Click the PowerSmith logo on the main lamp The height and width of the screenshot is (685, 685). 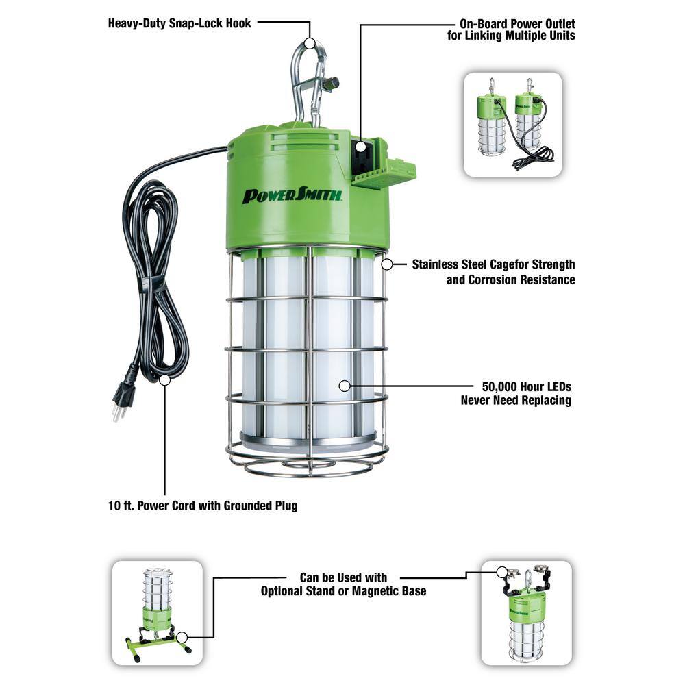pos(292,195)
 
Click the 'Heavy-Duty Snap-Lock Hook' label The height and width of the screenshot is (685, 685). pos(179,23)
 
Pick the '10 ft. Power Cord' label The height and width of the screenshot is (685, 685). pos(203,507)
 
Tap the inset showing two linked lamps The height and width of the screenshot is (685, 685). pos(512,125)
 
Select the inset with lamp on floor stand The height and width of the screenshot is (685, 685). pos(157,612)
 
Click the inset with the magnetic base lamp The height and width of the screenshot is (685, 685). pos(526,612)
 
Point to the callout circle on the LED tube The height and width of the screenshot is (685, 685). pos(344,386)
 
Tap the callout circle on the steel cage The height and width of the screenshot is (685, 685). pos(387,264)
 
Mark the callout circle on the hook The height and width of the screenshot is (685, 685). pos(310,42)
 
